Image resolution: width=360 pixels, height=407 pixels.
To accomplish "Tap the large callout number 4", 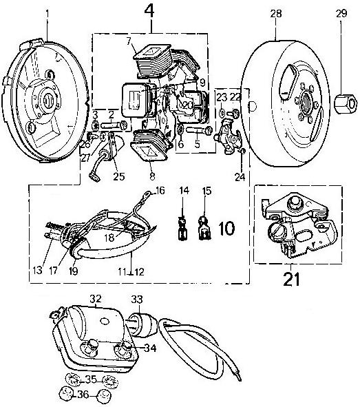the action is click(149, 12).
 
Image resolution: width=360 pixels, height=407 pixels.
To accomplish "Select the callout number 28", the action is click(276, 13).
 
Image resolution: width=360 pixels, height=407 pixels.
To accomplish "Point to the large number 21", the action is click(291, 279).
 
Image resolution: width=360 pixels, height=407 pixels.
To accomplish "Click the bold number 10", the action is click(227, 228).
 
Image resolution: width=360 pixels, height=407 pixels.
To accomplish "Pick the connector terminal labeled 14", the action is click(182, 229).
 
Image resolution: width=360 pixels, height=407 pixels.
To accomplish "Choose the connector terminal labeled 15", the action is click(204, 228).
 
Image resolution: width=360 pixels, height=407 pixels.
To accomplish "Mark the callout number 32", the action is click(96, 299).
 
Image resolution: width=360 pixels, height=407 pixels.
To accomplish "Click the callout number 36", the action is click(83, 395).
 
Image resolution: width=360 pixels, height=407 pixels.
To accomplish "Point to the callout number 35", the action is click(91, 379).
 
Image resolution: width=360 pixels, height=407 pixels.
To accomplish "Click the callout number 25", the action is click(119, 176).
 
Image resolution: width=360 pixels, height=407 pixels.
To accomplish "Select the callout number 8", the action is click(152, 176).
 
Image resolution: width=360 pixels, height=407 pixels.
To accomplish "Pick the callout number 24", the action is click(240, 177).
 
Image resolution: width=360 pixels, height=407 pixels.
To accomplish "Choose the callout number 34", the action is click(151, 348).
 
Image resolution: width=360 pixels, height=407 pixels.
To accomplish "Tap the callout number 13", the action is click(37, 271).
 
